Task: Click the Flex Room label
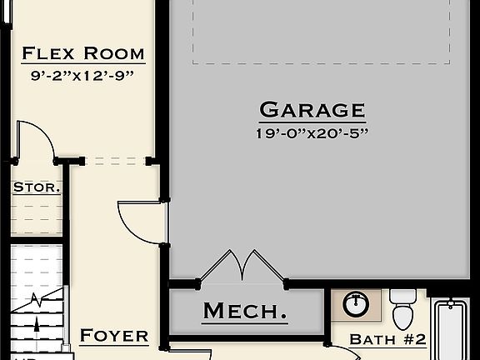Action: (82, 54)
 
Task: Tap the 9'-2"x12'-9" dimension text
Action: (82, 75)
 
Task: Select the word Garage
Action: (312, 110)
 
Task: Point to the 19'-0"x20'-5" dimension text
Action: (312, 132)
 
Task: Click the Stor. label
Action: (36, 187)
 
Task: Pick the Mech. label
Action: (245, 312)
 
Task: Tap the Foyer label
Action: (114, 337)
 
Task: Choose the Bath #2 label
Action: (387, 339)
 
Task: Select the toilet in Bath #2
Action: (404, 307)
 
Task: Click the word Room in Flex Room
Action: (114, 54)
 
